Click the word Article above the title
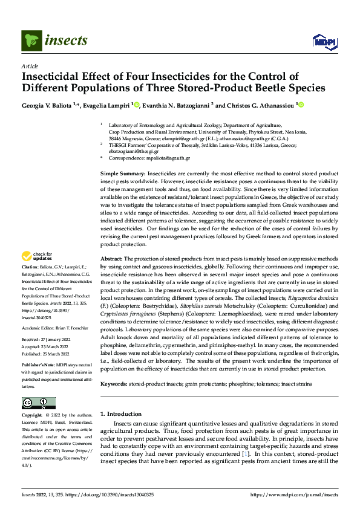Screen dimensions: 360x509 pyautogui.click(x=30, y=66)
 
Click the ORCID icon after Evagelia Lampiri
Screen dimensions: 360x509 pyautogui.click(x=137, y=105)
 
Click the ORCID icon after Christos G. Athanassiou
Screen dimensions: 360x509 pyautogui.click(x=301, y=105)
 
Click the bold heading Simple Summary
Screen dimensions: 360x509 pyautogui.click(x=122, y=173)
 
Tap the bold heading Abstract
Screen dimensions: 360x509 pyautogui.click(x=113, y=258)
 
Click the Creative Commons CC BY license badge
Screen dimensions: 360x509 pyautogui.click(x=39, y=403)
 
